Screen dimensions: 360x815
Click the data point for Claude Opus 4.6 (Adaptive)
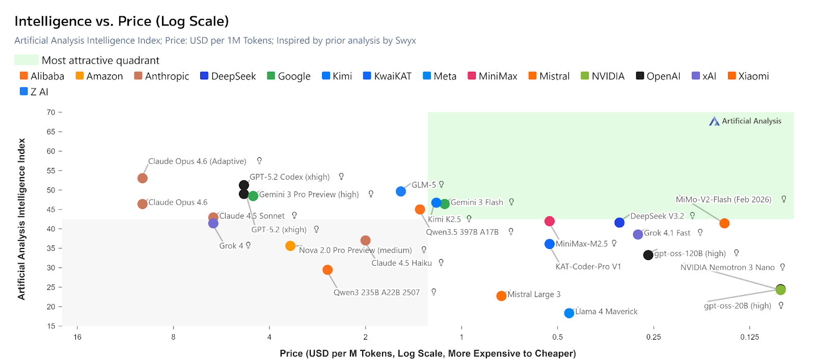click(x=143, y=178)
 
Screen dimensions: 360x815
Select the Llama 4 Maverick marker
click(x=569, y=313)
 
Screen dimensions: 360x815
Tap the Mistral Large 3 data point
click(x=501, y=296)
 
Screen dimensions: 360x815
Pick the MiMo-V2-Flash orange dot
click(x=724, y=224)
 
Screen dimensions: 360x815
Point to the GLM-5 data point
click(x=401, y=191)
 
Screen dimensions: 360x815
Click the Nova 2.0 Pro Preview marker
click(x=290, y=246)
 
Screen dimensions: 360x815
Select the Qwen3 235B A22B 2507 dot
click(x=328, y=270)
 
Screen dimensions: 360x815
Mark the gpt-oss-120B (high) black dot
click(x=648, y=255)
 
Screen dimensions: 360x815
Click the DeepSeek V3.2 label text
click(x=657, y=216)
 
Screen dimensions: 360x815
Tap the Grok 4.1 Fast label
click(x=667, y=233)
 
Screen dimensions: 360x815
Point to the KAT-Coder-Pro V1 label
click(x=588, y=266)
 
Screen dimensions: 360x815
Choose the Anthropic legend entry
click(x=161, y=76)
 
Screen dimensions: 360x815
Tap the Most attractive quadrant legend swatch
click(x=26, y=60)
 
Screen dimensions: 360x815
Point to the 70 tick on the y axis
click(x=51, y=113)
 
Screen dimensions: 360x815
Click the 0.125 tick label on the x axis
click(x=749, y=337)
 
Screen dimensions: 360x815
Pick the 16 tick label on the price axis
click(x=77, y=337)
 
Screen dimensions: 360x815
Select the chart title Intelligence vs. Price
click(x=122, y=21)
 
